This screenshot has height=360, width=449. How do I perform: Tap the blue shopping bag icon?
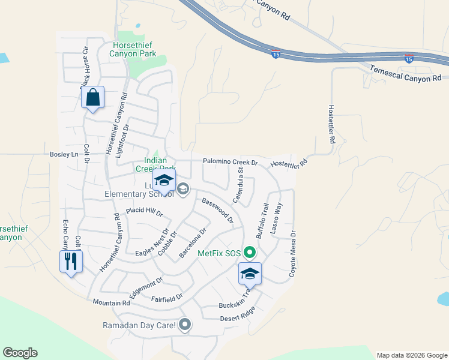93,97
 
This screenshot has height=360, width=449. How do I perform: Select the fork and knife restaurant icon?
71,261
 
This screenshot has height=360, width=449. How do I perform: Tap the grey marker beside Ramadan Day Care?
185,325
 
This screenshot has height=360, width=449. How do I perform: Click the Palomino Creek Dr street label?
230,162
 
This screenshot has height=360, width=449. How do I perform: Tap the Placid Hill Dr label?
144,212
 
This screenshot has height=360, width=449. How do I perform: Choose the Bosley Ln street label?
66,155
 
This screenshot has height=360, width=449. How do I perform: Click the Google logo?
20,353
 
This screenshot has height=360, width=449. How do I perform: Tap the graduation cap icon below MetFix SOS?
250,274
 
